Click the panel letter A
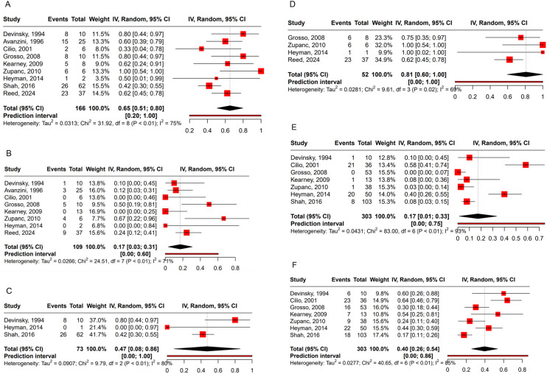(x=6, y=5)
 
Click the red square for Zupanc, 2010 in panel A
(x=261, y=71)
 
